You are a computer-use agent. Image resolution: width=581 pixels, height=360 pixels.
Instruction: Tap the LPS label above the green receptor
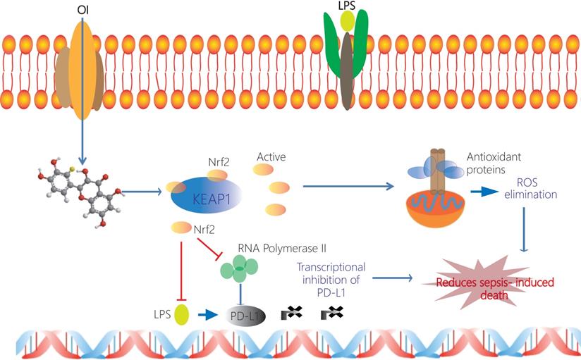click(348, 6)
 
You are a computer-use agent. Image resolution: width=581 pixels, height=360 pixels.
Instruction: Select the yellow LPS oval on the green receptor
click(348, 21)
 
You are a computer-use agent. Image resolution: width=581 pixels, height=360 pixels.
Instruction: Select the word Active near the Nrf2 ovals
click(271, 157)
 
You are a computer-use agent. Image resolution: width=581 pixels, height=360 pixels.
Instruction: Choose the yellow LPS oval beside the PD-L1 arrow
click(182, 314)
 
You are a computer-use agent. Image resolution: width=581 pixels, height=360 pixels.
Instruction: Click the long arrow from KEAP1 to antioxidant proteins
click(349, 187)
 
